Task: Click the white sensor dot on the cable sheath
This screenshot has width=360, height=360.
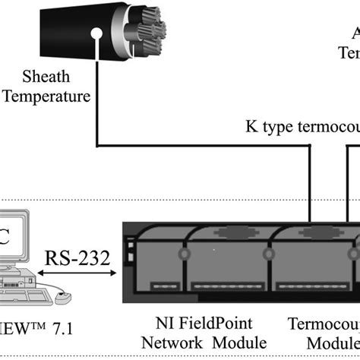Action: tap(97, 35)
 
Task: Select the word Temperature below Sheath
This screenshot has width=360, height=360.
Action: tap(46, 96)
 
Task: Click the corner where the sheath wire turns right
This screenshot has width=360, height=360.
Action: tap(97, 145)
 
